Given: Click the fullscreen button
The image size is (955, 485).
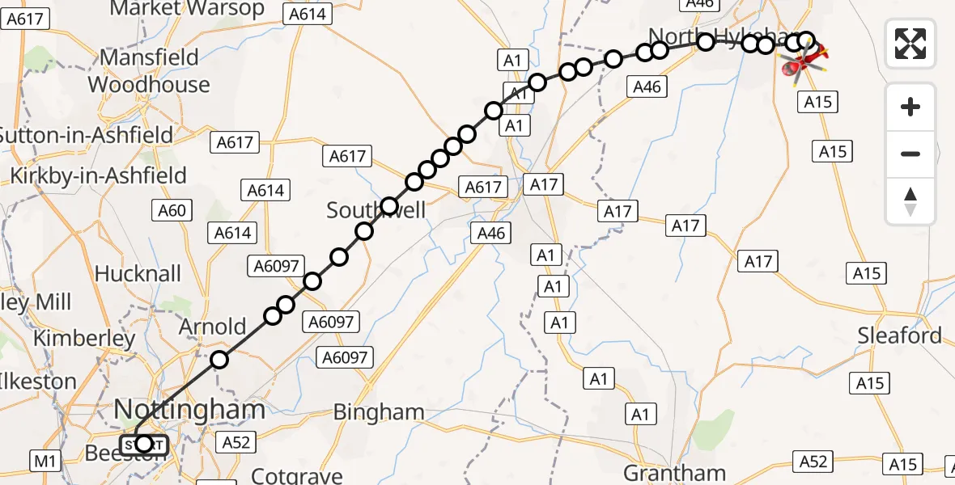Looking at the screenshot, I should pos(910,43).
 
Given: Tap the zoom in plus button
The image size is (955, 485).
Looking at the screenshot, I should pos(910,107).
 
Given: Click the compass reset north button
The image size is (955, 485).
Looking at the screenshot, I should pos(910,201).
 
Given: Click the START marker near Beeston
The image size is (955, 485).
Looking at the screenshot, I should pos(144,444).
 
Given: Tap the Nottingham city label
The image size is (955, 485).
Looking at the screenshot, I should pos(189,410).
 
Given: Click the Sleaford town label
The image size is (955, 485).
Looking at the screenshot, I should pos(900,335).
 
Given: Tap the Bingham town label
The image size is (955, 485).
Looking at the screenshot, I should pos(380,412).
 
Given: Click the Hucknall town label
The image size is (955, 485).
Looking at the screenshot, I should pos(138,273).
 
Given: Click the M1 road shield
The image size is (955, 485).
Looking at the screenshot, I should pos(45,462).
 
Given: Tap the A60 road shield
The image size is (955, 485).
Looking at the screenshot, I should pos(171,212).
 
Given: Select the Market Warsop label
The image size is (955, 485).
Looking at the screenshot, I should pos(187,9).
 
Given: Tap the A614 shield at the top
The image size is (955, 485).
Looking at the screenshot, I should pos(305,14).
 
